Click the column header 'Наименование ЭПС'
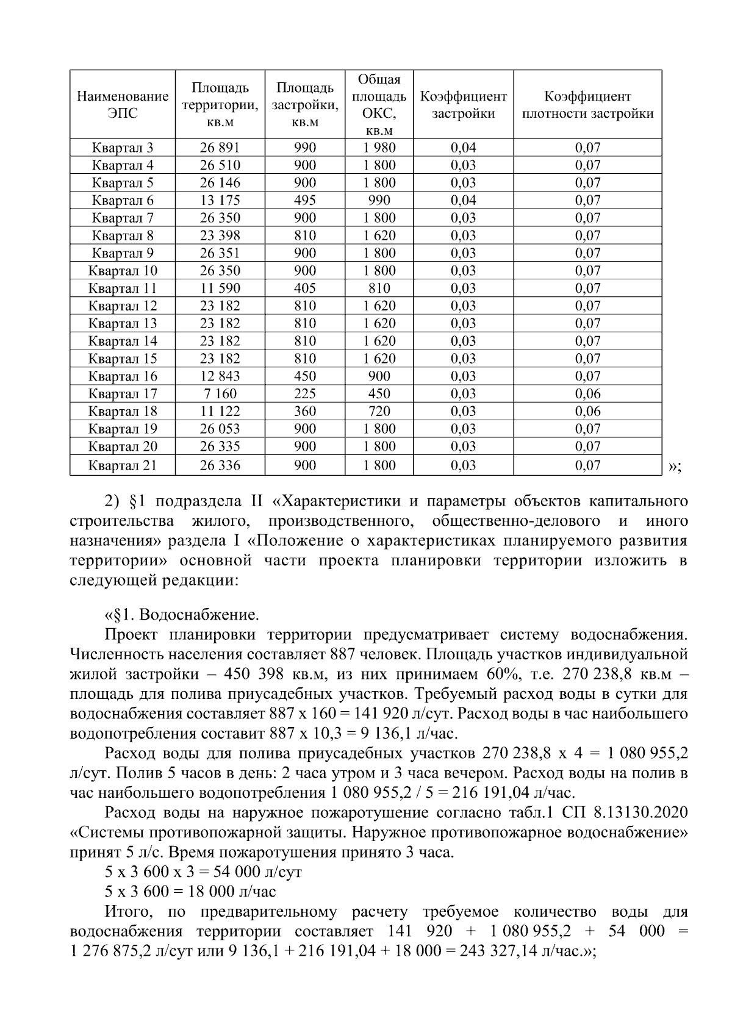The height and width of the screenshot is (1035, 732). coord(122,105)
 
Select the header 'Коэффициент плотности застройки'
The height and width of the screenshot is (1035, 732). coord(587,105)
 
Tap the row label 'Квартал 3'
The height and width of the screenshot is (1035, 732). coord(122,148)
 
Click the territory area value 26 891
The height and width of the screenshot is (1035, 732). coord(220,148)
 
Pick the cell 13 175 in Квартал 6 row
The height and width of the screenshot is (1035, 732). coord(220,201)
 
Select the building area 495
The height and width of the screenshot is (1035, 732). coord(304,201)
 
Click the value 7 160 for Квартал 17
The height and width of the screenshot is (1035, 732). coord(220,394)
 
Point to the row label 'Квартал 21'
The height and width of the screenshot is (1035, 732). coord(122,466)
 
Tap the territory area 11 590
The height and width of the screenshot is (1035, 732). coord(220,288)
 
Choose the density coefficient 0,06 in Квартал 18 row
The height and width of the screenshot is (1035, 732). coord(587,412)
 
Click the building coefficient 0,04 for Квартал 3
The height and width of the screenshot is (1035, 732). coord(463,148)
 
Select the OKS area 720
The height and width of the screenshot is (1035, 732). coord(379,412)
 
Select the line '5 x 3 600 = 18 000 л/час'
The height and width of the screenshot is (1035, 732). coord(190,892)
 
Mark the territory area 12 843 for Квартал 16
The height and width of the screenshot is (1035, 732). coord(220,376)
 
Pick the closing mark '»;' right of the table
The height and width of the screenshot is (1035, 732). coord(674,467)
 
